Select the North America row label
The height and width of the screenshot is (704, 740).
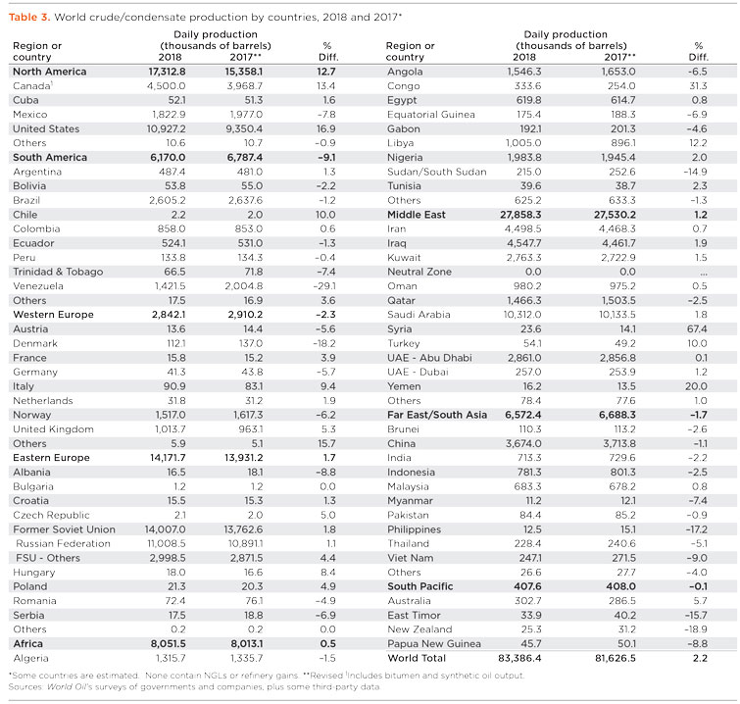(49, 72)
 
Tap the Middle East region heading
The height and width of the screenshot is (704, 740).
(422, 214)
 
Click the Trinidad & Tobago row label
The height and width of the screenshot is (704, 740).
(58, 272)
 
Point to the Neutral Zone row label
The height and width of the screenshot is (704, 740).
(420, 272)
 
